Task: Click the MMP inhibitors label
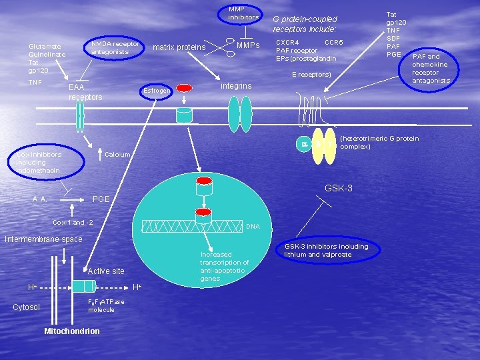tap(243, 13)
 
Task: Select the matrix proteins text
tap(179, 47)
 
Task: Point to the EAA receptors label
tap(85, 93)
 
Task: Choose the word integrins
tap(236, 87)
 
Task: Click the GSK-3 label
tap(338, 189)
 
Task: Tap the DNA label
tap(253, 227)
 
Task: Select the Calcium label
tap(118, 155)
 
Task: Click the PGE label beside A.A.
tap(101, 199)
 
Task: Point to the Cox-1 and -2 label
tap(73, 222)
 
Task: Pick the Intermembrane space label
tap(43, 239)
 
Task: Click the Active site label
tap(106, 271)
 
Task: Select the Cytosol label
tap(27, 307)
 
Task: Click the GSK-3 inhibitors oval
tap(325, 250)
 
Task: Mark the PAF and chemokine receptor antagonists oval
tap(431, 69)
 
